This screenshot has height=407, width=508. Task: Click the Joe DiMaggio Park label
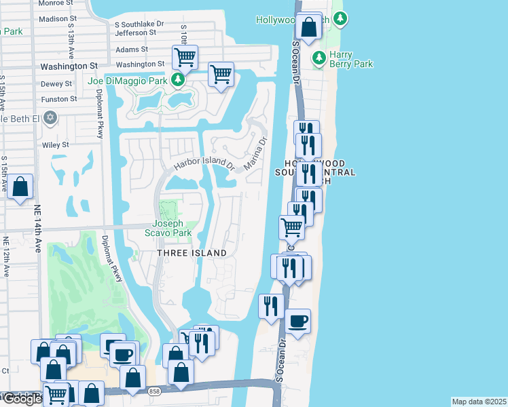click(x=127, y=81)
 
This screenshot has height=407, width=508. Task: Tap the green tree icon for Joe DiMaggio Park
click(x=178, y=81)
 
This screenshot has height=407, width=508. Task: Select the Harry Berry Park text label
click(x=351, y=59)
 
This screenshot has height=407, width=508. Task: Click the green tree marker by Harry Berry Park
click(x=318, y=59)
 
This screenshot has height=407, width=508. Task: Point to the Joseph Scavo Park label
click(x=172, y=227)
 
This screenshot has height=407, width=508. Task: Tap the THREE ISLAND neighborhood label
click(x=192, y=253)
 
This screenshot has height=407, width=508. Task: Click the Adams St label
click(x=132, y=50)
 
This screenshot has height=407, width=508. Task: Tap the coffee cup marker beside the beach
click(x=297, y=321)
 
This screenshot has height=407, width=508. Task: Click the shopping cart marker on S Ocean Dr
click(x=291, y=227)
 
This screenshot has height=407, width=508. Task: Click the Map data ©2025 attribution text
click(x=479, y=402)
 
